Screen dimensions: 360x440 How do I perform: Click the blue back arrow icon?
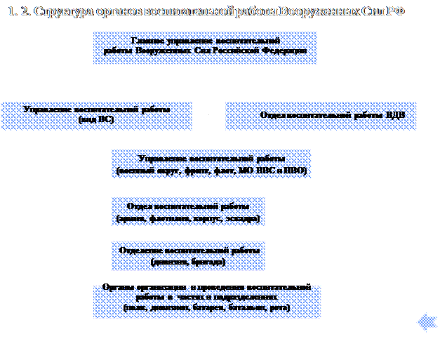427,323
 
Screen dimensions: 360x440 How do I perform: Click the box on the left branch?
97,116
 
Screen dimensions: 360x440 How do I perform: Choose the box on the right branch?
321,116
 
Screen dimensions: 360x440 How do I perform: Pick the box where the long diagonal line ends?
211,164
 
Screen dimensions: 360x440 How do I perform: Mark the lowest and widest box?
207,301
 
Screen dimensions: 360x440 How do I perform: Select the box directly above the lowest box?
188,255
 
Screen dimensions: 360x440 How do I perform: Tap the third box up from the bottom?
188,211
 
